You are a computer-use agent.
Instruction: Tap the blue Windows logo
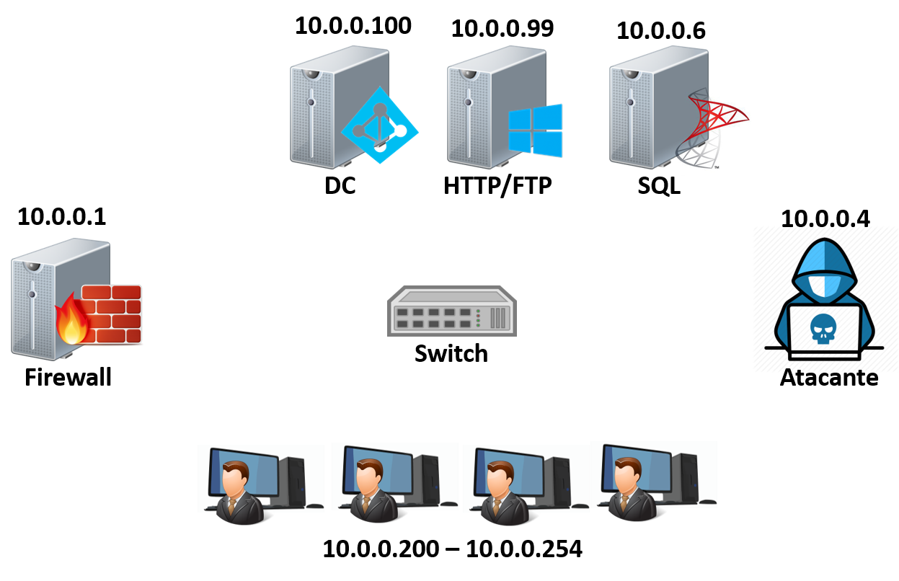(x=535, y=130)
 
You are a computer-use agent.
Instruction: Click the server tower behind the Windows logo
(x=476, y=108)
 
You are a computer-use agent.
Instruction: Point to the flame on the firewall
(x=73, y=321)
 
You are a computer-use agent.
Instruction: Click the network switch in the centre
(x=452, y=311)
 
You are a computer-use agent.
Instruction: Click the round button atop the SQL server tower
(x=632, y=73)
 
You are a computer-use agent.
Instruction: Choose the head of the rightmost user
(x=627, y=474)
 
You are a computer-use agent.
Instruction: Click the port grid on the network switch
(x=433, y=316)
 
